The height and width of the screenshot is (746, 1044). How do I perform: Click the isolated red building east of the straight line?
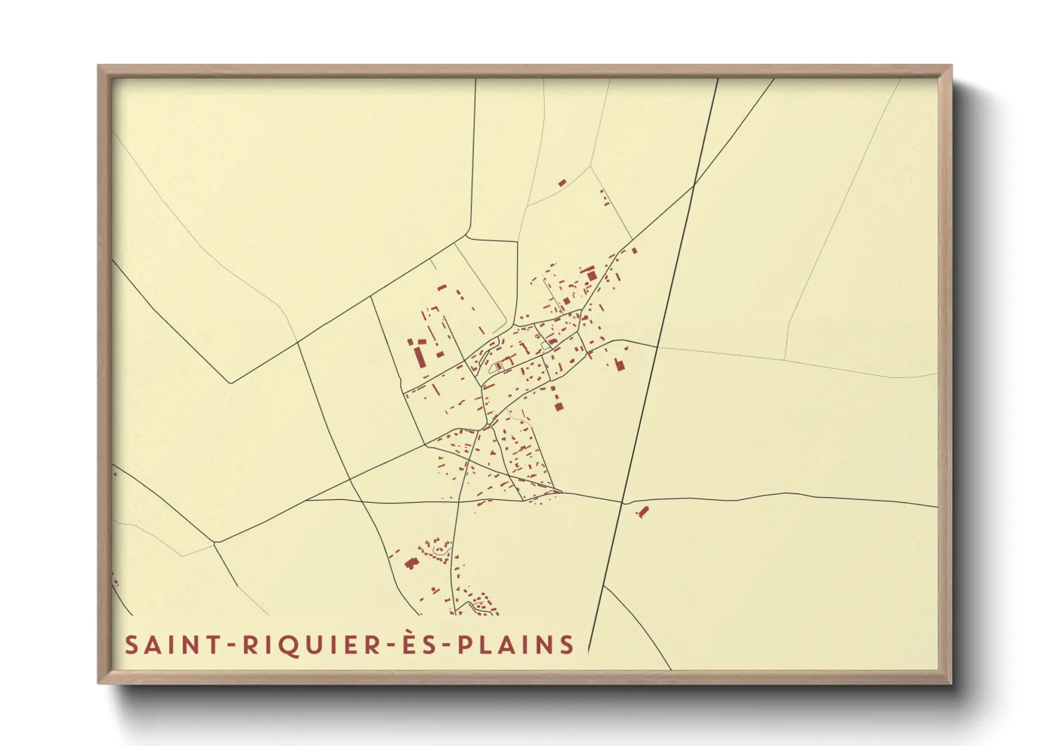point(642,511)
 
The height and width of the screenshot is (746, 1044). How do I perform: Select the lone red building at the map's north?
point(562,183)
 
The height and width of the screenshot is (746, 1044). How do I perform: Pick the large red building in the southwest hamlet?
point(411,563)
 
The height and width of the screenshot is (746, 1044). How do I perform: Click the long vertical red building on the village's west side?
point(420,357)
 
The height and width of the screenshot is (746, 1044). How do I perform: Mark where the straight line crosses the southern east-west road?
point(622,503)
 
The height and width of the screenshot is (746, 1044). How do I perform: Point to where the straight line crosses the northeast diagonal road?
point(694,185)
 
